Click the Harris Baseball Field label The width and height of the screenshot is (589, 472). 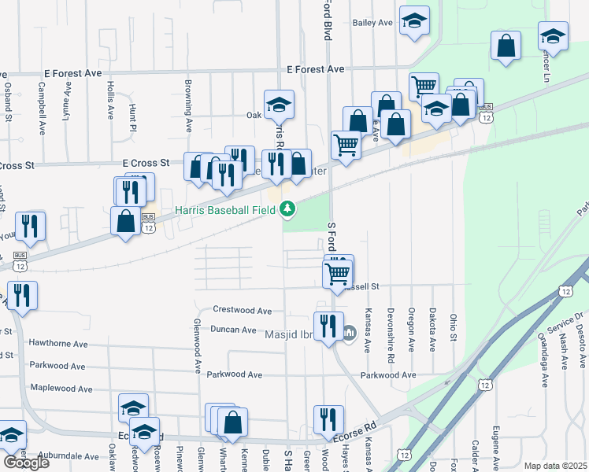click(225, 210)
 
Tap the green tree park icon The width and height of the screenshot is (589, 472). click(289, 209)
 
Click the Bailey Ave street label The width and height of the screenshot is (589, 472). click(372, 23)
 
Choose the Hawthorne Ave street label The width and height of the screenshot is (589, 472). click(57, 344)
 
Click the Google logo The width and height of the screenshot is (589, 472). click(26, 462)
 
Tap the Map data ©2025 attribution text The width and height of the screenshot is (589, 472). click(555, 466)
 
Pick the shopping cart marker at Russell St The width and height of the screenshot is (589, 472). click(338, 274)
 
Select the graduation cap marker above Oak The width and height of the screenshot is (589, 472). click(278, 105)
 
